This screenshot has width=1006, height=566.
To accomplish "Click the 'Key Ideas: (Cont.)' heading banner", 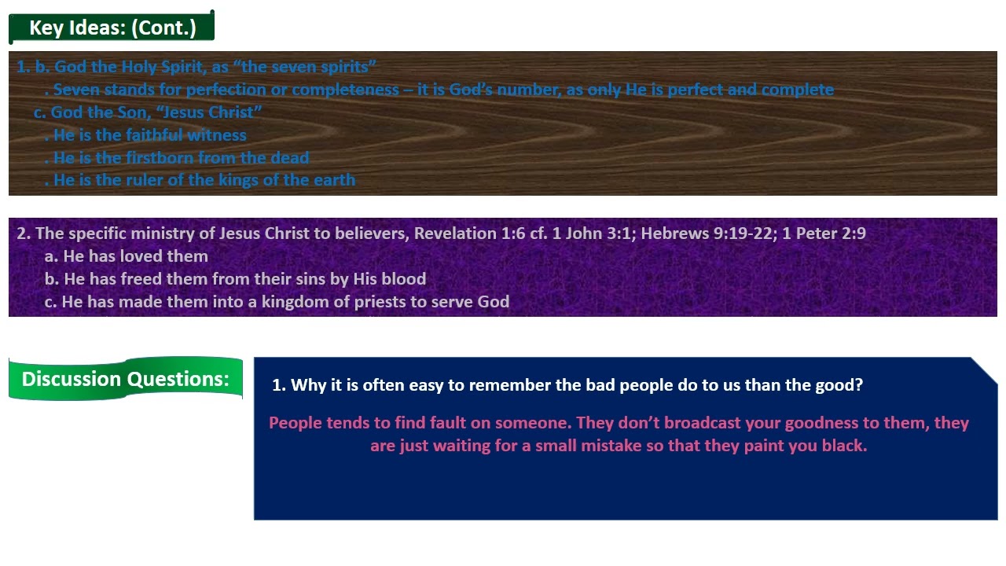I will pos(112,28).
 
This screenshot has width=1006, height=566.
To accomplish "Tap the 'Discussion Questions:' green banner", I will pos(126,379).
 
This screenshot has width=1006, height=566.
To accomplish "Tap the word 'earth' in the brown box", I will pos(334,180).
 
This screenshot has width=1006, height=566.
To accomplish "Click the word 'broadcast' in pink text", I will pos(702,423).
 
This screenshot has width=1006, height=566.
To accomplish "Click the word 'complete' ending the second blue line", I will pos(797,90).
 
